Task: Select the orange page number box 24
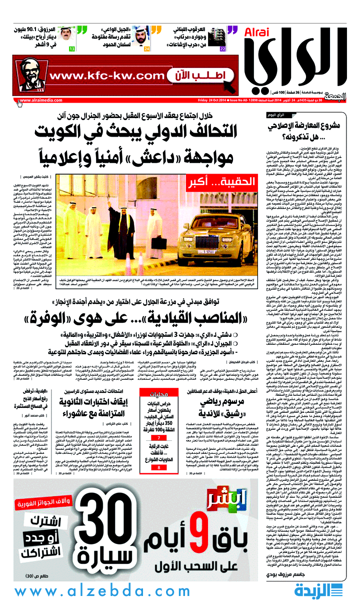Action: [x=146, y=49]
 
